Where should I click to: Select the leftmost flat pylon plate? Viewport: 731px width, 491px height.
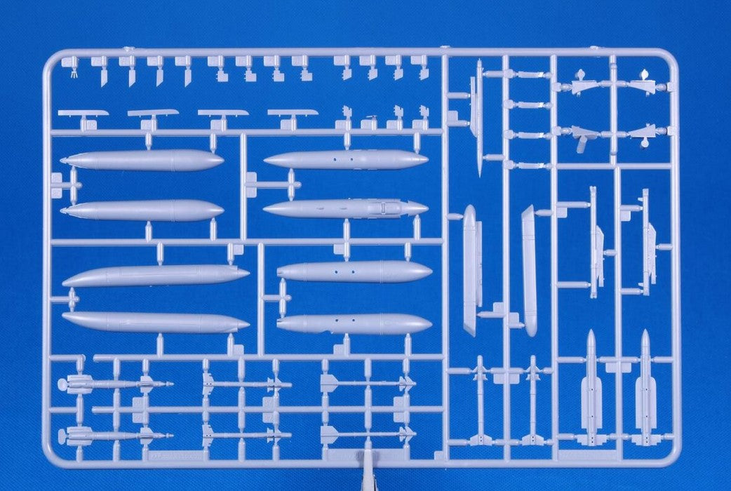83,113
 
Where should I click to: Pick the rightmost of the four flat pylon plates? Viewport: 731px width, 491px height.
293,112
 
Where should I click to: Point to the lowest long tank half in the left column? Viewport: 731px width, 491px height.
155,322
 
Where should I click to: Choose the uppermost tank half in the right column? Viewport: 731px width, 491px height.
345,160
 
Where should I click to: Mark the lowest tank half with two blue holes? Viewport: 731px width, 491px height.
354,323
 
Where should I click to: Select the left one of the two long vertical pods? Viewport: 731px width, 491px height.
470,270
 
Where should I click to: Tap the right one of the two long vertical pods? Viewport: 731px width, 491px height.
529,270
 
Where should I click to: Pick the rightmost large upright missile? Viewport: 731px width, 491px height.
645,389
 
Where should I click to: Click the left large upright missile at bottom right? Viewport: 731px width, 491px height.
591,389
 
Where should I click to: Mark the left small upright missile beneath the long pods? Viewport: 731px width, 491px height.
480,400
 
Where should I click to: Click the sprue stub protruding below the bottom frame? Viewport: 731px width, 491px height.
368,477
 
